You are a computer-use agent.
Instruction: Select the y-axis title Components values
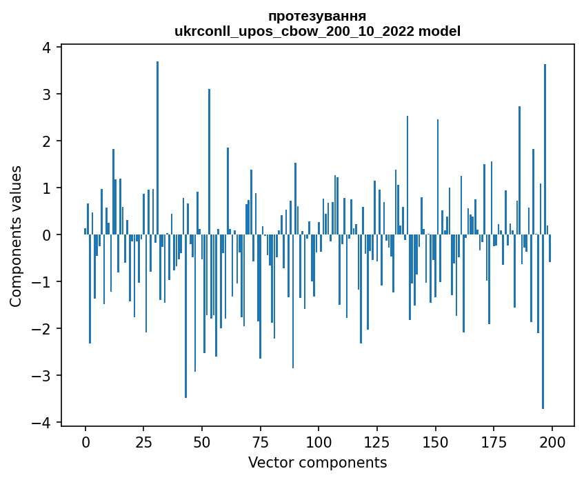[15, 236]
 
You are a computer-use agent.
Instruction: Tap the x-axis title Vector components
[317, 462]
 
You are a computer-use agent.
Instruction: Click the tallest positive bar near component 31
[158, 148]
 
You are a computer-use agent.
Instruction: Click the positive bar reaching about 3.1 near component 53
[209, 162]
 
